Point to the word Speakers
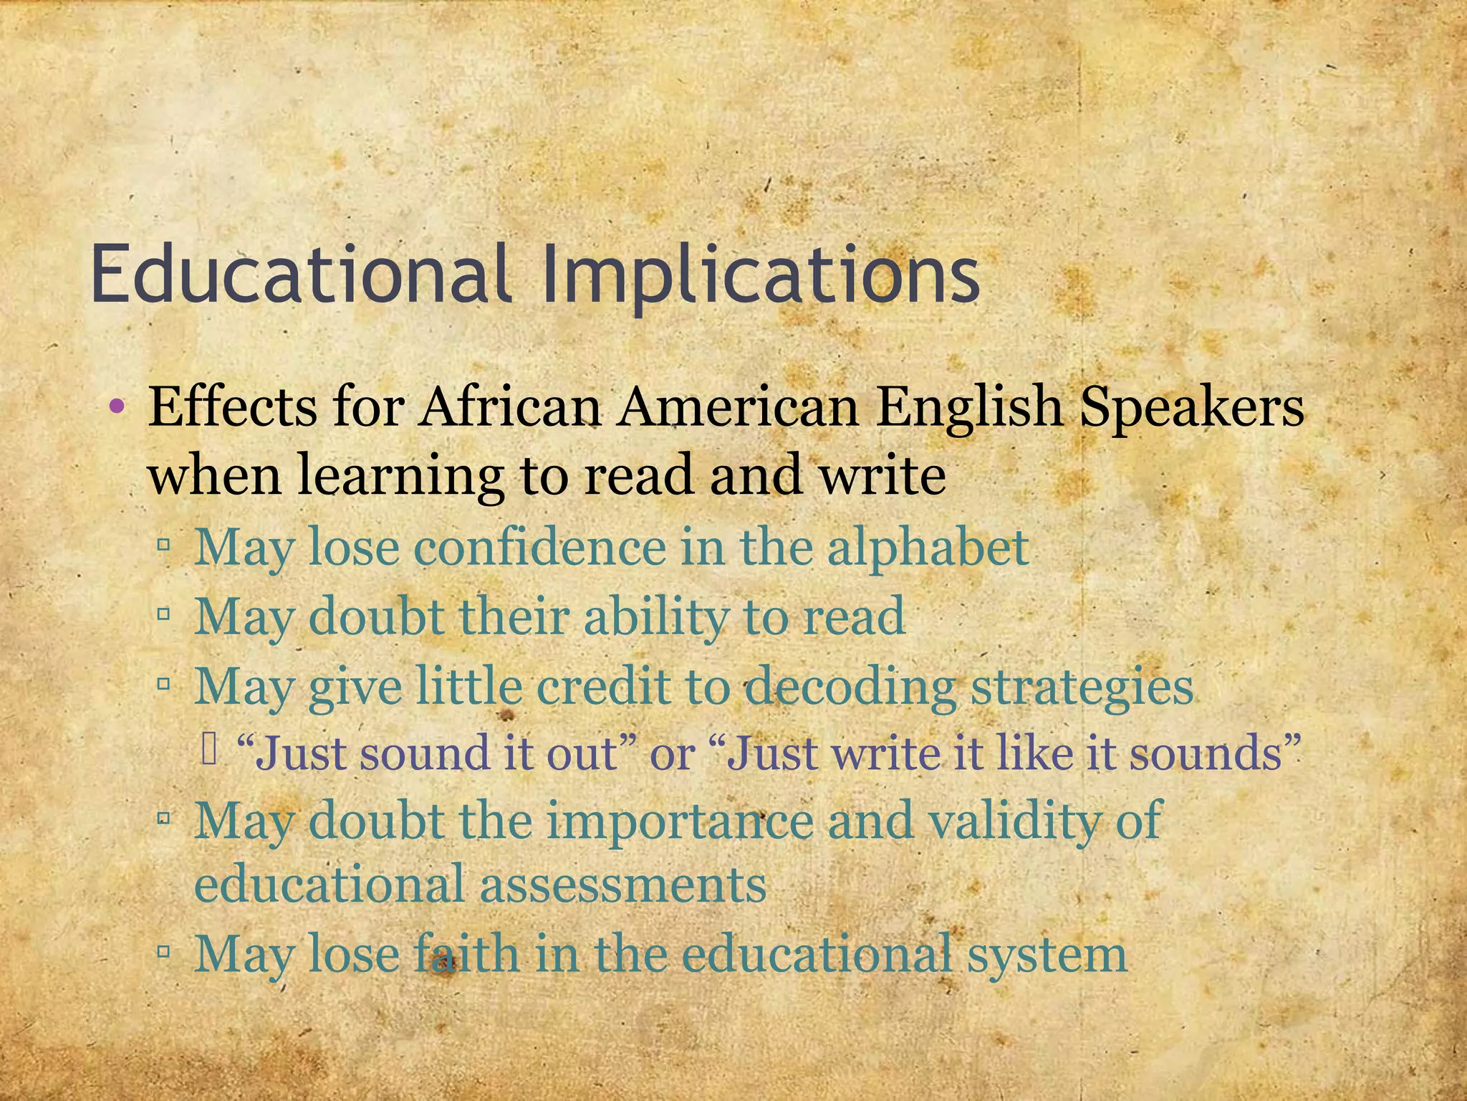pos(1191,407)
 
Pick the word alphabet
pos(928,548)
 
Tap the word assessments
pos(622,884)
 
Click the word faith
pos(466,954)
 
